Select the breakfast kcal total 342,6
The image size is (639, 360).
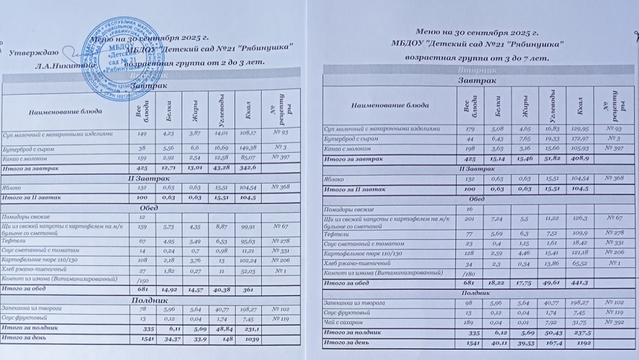(x=248, y=167)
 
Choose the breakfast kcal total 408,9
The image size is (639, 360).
(x=581, y=158)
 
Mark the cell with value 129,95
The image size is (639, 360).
(x=581, y=128)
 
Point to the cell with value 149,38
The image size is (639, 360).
(x=249, y=147)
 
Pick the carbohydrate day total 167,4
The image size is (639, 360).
(x=554, y=341)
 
